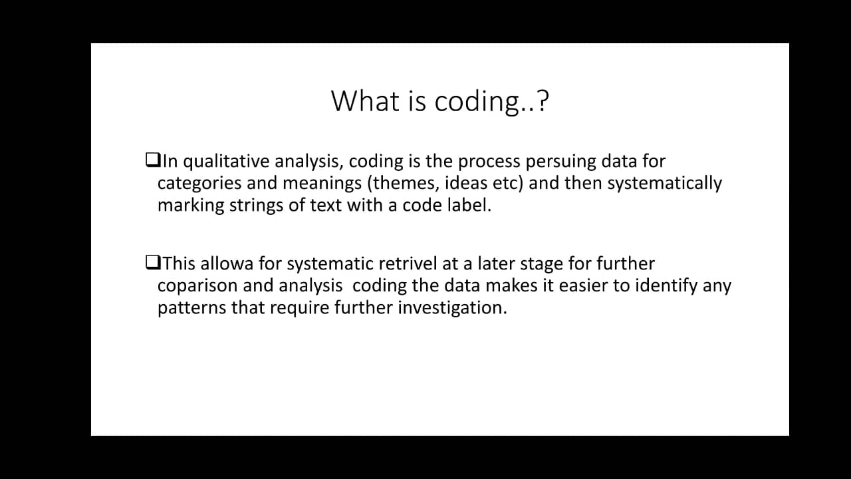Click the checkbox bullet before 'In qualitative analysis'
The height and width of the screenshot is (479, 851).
(152, 160)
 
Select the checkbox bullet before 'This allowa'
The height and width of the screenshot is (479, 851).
(152, 263)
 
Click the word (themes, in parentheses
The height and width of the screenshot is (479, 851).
(398, 183)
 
